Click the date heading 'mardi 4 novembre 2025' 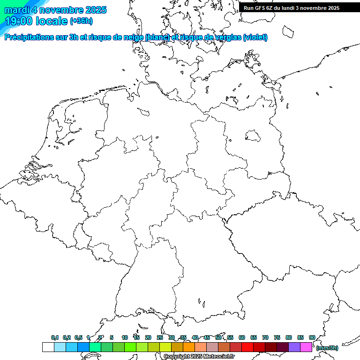[55, 10]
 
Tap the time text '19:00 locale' [36, 21]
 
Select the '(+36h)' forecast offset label [81, 21]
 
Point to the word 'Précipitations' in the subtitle [28, 37]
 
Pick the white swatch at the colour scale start [48, 347]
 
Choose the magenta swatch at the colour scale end [306, 347]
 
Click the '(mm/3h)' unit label [327, 348]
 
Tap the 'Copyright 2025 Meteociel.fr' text [199, 356]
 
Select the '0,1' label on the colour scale [55, 337]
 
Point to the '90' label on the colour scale [312, 337]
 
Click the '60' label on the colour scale [242, 337]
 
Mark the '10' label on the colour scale [125, 337]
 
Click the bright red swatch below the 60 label [247, 347]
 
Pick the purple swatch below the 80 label [294, 347]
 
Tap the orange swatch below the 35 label [189, 347]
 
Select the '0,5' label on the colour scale [78, 337]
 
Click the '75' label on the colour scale [277, 337]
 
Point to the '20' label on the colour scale [148, 337]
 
